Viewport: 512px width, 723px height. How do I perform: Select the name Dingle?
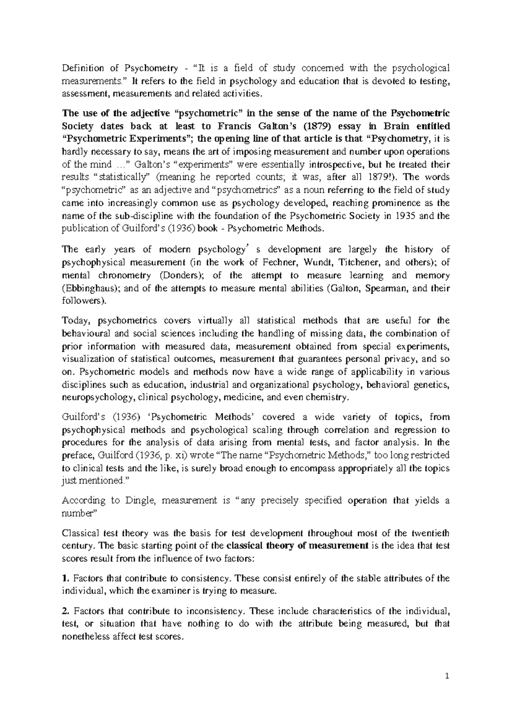(x=132, y=500)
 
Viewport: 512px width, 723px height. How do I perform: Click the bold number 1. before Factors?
(x=65, y=578)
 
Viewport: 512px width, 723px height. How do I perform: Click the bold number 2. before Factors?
(x=65, y=611)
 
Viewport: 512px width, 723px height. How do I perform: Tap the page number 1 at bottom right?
(x=447, y=676)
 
